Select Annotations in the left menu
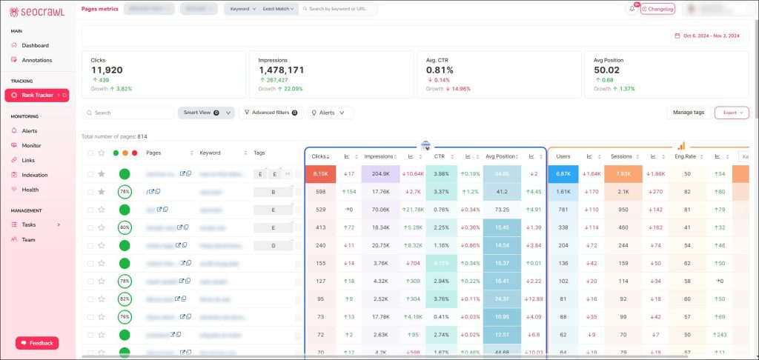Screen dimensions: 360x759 [x=36, y=60]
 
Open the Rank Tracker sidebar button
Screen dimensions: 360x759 [x=36, y=95]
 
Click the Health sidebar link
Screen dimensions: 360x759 [x=30, y=189]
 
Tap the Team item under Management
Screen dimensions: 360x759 [x=28, y=239]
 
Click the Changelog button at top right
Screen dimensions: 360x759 [x=657, y=9]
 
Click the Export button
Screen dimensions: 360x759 [x=732, y=113]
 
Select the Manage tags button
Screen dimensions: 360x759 [x=688, y=113]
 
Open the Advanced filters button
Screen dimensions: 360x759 [x=271, y=113]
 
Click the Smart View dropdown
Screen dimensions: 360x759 [x=206, y=113]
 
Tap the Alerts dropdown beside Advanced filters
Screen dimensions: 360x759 [x=331, y=113]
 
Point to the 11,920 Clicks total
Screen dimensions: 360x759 [x=107, y=70]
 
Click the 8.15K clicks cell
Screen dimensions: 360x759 [x=320, y=173]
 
